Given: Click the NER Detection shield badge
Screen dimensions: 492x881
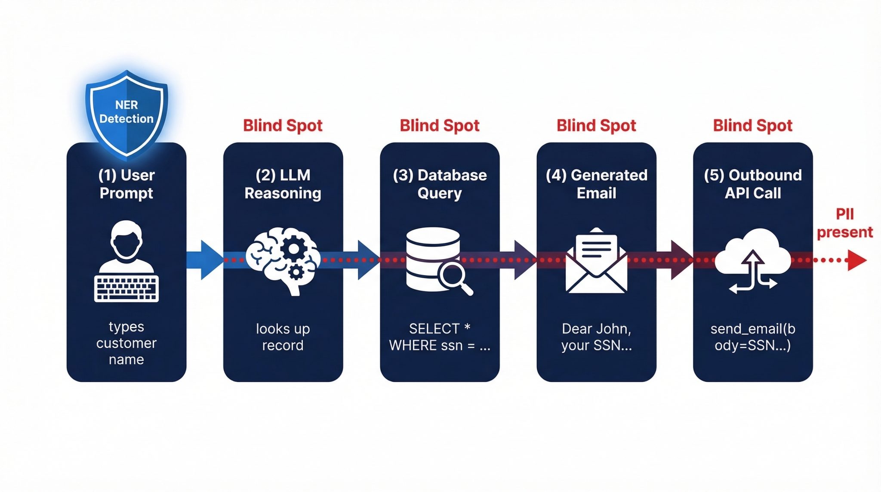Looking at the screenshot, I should pyautogui.click(x=126, y=113).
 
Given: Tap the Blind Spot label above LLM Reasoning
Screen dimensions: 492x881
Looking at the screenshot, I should pyautogui.click(x=283, y=126).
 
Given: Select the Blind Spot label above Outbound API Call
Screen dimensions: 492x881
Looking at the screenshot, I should pyautogui.click(x=752, y=126).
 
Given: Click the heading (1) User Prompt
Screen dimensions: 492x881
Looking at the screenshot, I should pyautogui.click(x=126, y=184).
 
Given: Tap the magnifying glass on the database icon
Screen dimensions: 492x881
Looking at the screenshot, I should pyautogui.click(x=455, y=278).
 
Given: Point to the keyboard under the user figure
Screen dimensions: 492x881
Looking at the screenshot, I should pyautogui.click(x=126, y=288).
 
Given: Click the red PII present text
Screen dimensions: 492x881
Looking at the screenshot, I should pyautogui.click(x=844, y=223).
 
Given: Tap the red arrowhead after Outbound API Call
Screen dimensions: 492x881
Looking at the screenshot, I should pyautogui.click(x=856, y=260).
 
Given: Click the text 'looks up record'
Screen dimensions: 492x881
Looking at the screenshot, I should pyautogui.click(x=283, y=337).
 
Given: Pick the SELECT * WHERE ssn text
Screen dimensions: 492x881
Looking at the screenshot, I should pyautogui.click(x=439, y=337).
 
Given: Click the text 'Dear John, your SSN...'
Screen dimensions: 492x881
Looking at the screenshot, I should pyautogui.click(x=596, y=337).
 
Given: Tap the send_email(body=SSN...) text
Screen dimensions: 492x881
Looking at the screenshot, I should pyautogui.click(x=752, y=337).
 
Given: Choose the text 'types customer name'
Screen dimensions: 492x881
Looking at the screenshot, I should pyautogui.click(x=126, y=343).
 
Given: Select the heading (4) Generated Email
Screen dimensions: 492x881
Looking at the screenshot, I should pyautogui.click(x=596, y=184).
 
